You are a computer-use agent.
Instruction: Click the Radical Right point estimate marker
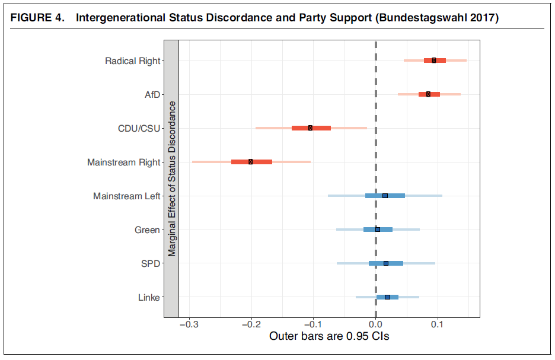pos(434,60)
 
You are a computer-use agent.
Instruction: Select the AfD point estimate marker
pos(428,94)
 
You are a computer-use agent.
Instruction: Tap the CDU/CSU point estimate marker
pos(310,128)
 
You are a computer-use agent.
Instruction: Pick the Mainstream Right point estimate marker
pos(250,162)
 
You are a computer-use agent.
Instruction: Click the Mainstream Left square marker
pos(385,196)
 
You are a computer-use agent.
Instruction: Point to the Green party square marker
pos(378,230)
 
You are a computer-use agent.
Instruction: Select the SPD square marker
pos(386,263)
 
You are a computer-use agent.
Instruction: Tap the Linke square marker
pos(387,297)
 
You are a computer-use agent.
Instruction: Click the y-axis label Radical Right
pos(132,60)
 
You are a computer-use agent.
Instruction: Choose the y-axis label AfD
pos(152,94)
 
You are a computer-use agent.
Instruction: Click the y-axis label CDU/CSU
pos(139,128)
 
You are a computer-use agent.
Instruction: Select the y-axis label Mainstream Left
pos(126,196)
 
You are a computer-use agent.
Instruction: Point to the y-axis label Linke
pos(148,297)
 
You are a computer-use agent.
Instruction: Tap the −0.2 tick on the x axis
pos(251,324)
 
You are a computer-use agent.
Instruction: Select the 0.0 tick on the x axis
pos(375,324)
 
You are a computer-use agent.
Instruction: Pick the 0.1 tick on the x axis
pos(438,324)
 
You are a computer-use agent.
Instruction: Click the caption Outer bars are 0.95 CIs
pos(329,337)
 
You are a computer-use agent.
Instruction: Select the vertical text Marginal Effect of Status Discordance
pos(171,179)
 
